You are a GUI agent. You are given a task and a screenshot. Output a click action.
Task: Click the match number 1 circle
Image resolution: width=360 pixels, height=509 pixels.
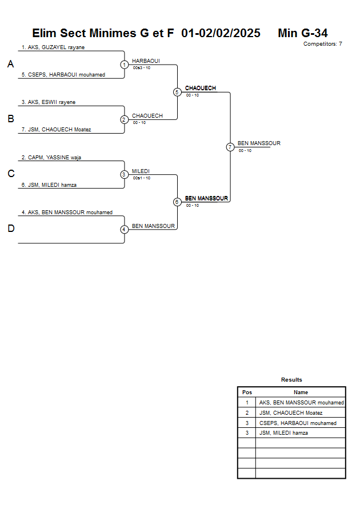pos(124,65)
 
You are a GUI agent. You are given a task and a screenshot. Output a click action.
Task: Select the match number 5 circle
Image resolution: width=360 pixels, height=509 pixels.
pos(177,92)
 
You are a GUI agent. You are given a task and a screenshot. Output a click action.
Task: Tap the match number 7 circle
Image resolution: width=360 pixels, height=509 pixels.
pos(230,147)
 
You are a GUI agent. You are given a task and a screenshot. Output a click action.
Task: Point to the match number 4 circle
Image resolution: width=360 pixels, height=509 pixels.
pos(124,230)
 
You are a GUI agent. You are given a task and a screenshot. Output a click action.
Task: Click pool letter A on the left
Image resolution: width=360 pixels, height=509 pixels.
pos(10,65)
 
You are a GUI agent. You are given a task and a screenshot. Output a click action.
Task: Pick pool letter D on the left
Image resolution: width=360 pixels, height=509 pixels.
pos(10,229)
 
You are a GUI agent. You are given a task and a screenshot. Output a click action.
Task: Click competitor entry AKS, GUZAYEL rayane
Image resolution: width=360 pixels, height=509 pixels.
pos(53,47)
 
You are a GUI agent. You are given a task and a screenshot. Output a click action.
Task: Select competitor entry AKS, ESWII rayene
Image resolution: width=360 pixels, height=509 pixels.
pos(49,102)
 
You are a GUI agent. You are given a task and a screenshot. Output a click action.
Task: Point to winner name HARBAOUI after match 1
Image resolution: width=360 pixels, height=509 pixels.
pos(146,61)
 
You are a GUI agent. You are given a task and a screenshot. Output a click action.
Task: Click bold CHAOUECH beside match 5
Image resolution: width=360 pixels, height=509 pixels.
pos(201,88)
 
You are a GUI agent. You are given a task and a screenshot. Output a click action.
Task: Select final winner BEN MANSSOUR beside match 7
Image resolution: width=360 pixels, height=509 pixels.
pos(259,143)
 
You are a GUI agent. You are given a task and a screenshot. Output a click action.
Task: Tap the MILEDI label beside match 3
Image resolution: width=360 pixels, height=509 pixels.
pos(141,171)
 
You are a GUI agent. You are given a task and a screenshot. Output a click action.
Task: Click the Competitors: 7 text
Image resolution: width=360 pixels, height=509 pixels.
pos(323,44)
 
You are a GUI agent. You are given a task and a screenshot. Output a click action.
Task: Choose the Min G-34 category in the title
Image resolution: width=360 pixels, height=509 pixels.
pos(303,33)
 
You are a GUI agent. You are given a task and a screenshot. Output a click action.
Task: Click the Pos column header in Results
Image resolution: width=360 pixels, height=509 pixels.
pos(247,392)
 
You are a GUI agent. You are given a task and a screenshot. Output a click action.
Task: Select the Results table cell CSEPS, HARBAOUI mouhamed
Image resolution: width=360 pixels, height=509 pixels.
pos(298,423)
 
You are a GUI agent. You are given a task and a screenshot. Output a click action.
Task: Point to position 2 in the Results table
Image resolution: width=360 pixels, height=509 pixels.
pos(247,413)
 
